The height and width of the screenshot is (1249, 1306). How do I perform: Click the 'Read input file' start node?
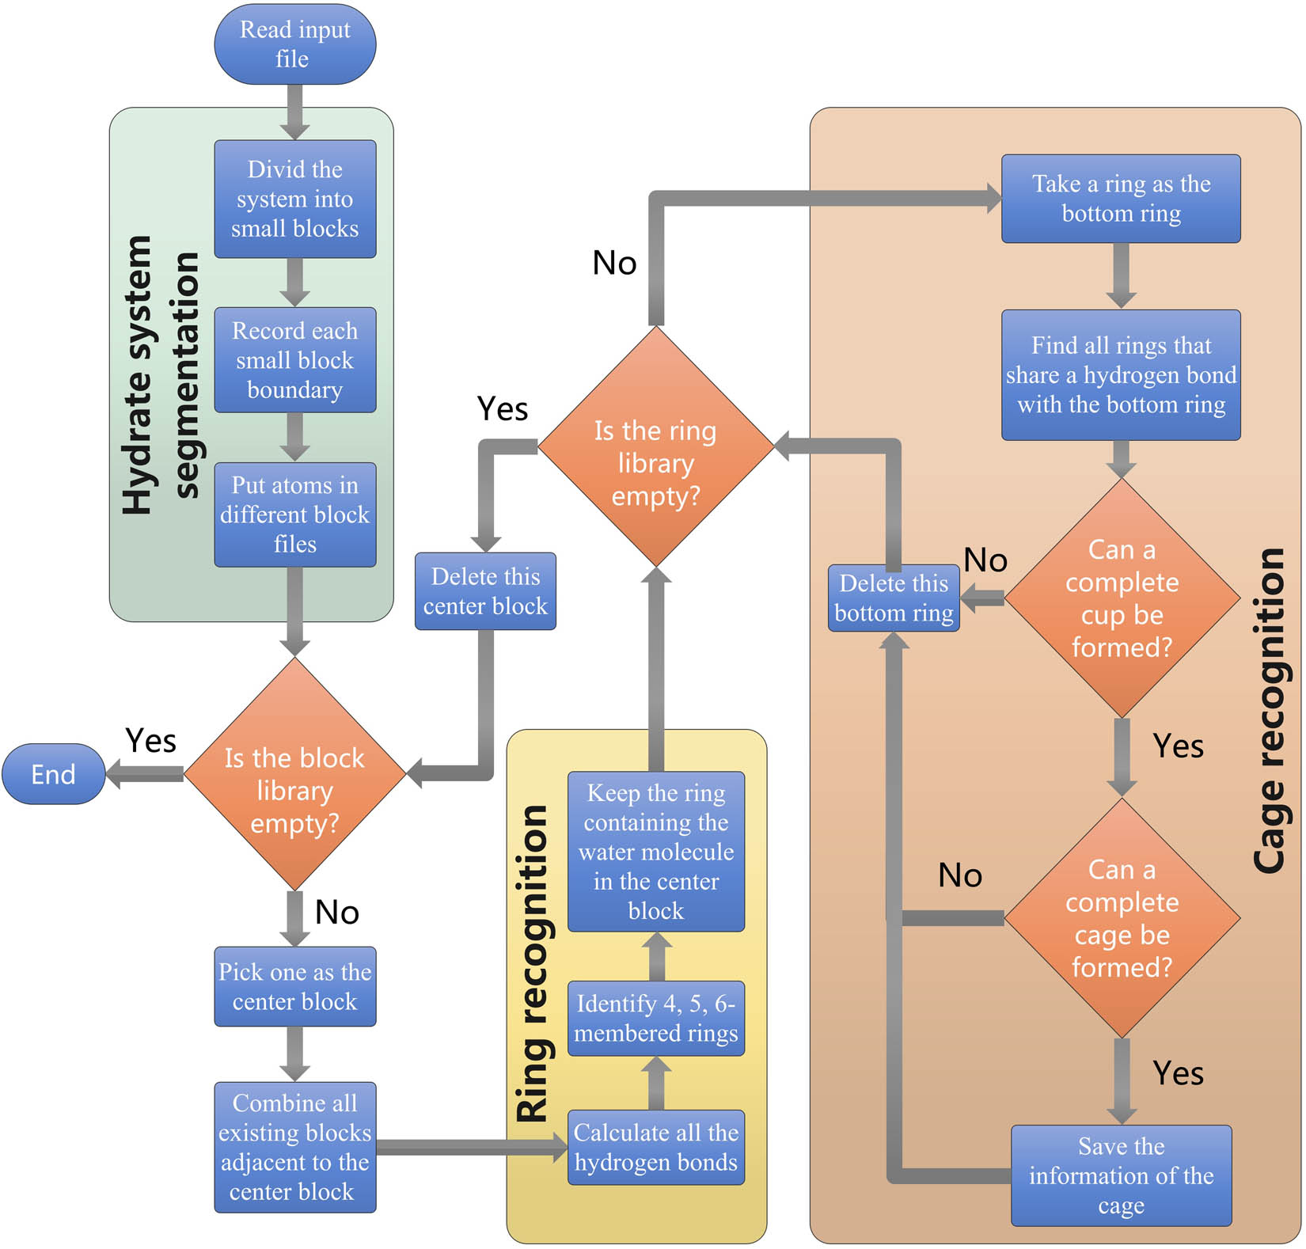coord(294,44)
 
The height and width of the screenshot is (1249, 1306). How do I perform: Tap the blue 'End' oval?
coord(53,774)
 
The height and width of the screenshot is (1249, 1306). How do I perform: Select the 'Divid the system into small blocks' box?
coord(294,199)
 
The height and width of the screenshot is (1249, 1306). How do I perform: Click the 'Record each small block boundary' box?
coord(294,360)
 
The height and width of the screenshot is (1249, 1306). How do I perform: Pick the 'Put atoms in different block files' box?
coord(294,514)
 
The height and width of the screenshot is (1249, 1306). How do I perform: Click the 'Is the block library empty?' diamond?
coord(294,790)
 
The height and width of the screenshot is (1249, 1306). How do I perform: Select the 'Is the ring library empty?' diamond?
coord(655,463)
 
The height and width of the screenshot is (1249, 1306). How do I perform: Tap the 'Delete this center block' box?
coord(485,591)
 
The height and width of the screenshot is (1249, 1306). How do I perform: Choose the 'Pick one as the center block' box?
coord(294,986)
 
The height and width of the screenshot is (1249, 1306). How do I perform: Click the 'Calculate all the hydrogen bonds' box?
coord(655,1147)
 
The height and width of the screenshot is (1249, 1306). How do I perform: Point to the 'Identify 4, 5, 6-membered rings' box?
coord(655,1018)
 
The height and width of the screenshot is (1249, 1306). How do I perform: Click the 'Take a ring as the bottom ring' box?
coord(1121,199)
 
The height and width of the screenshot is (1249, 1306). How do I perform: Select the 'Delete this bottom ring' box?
coord(894,598)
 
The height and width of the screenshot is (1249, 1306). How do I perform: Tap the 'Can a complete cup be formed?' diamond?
coord(1122,598)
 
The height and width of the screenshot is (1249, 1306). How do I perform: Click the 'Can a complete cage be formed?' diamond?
coord(1122,918)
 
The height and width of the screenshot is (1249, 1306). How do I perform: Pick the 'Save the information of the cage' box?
coord(1121,1175)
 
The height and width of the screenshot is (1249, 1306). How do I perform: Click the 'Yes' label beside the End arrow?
coord(150,741)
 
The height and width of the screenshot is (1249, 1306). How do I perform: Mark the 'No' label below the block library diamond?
coord(337,912)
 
